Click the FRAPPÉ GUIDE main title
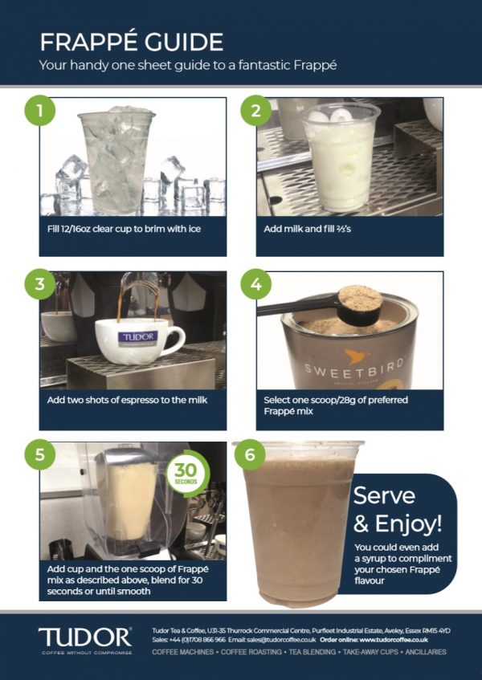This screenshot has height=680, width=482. [x=132, y=41]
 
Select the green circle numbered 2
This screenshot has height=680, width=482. [x=256, y=110]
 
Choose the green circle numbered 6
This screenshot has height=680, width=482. [x=250, y=455]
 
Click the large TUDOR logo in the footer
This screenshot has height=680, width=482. [x=84, y=637]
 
